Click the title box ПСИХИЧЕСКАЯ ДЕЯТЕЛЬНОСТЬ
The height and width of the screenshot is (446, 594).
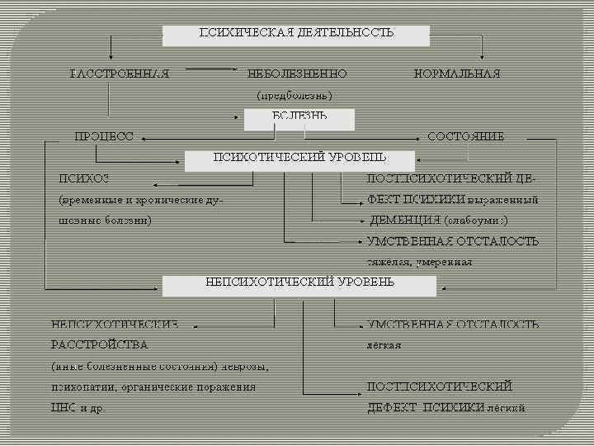(295, 35)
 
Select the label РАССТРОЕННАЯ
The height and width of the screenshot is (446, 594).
(120, 74)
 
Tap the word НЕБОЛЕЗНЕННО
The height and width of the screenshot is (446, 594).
(297, 74)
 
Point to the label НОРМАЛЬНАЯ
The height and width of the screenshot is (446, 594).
(456, 74)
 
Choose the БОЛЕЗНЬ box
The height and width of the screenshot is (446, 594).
(299, 117)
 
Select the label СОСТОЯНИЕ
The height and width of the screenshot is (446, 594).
(465, 136)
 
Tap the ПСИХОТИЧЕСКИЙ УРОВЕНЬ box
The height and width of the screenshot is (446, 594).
(299, 157)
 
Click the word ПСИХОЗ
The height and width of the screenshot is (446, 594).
(83, 178)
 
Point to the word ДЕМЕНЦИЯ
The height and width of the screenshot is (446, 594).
(403, 221)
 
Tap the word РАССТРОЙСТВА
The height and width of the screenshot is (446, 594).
(99, 344)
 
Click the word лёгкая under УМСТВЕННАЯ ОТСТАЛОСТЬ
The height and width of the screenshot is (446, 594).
(384, 344)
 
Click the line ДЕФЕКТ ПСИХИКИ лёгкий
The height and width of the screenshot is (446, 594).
(445, 407)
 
